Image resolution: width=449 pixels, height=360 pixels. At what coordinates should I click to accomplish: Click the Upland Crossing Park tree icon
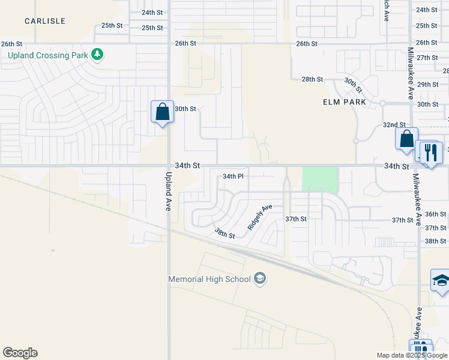(97, 55)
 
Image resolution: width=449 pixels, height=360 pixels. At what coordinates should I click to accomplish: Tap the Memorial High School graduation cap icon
(260, 278)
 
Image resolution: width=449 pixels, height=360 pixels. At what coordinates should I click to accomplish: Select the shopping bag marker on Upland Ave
(162, 112)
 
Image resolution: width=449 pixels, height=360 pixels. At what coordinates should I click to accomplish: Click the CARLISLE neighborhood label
(45, 21)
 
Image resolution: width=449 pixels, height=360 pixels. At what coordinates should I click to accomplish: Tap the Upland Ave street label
(168, 191)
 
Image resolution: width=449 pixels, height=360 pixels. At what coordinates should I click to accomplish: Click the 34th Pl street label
(233, 176)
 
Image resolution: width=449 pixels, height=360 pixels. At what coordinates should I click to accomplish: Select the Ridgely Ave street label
(260, 217)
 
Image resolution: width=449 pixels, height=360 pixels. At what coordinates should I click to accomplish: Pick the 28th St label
(312, 79)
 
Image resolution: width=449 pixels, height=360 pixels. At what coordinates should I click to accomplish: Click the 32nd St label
(394, 124)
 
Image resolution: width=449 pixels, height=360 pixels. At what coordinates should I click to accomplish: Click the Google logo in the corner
(20, 353)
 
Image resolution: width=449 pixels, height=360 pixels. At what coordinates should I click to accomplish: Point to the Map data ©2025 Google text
(411, 355)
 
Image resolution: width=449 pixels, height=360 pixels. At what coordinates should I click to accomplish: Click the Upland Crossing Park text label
(47, 55)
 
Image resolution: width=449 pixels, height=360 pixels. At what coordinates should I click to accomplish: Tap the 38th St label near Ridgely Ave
(224, 233)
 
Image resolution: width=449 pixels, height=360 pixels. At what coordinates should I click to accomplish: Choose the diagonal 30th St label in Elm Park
(353, 85)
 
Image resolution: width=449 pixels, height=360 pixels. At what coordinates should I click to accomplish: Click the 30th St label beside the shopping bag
(185, 109)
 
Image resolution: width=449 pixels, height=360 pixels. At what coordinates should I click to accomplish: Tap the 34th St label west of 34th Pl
(187, 164)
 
